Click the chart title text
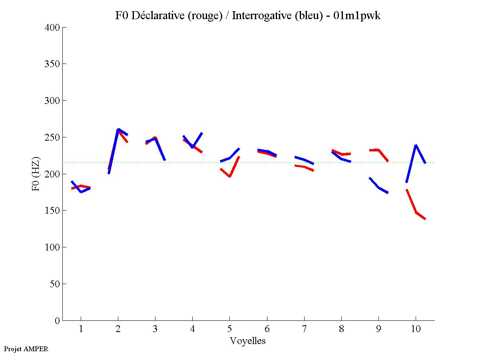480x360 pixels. tap(248, 16)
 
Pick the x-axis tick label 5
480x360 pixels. tap(229, 329)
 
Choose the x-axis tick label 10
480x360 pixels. tap(416, 329)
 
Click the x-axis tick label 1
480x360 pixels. tap(81, 329)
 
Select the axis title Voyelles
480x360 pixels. tap(248, 341)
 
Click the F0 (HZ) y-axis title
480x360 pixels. tap(36, 174)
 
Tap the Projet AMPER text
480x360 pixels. tap(26, 349)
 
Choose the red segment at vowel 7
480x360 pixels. tap(304, 167)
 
